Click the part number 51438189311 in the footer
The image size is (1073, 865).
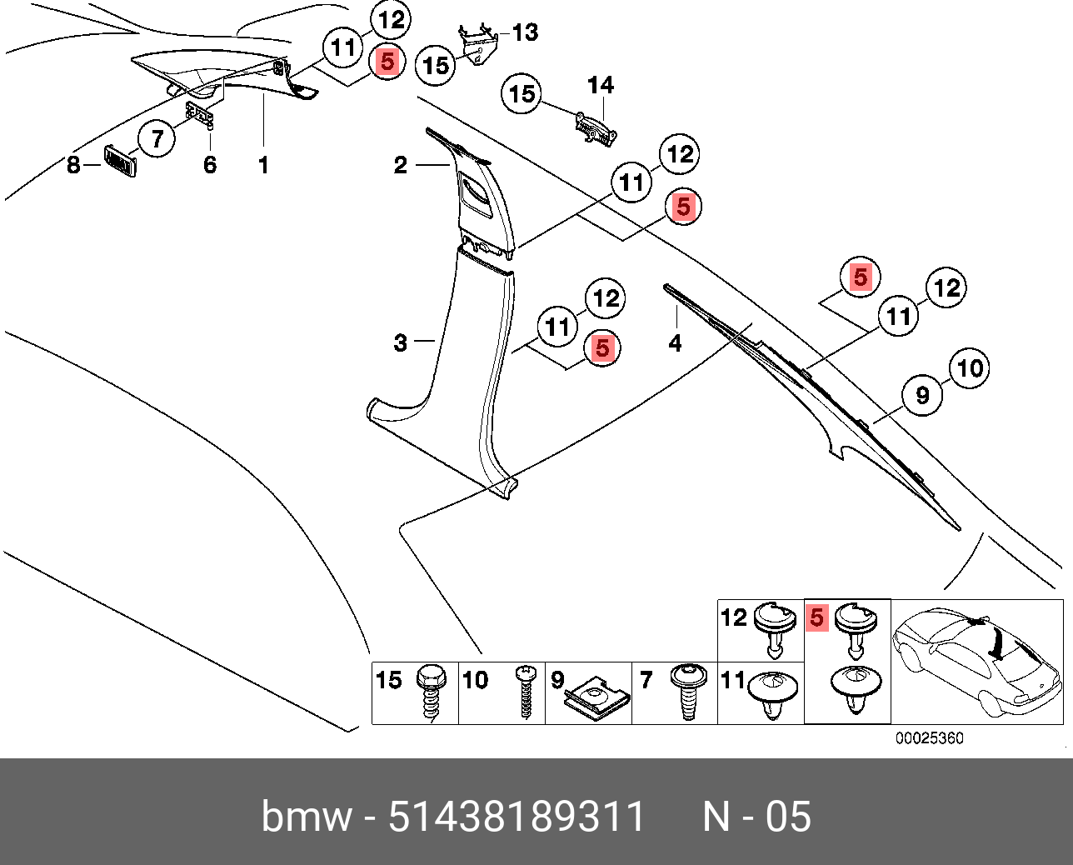(517, 817)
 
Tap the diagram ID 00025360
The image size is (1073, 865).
(929, 738)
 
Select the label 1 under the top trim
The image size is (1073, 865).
(263, 165)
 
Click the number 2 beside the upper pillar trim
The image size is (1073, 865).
(401, 166)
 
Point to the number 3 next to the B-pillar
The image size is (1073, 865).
(401, 342)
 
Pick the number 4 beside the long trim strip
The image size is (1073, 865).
(675, 342)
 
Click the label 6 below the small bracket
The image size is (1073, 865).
(210, 165)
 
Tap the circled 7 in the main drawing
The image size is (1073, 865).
(157, 138)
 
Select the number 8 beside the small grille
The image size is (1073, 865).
(73, 166)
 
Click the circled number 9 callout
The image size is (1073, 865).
(922, 394)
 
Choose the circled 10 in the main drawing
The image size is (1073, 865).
(970, 367)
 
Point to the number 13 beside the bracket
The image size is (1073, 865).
(525, 32)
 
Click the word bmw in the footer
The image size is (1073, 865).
(306, 817)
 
